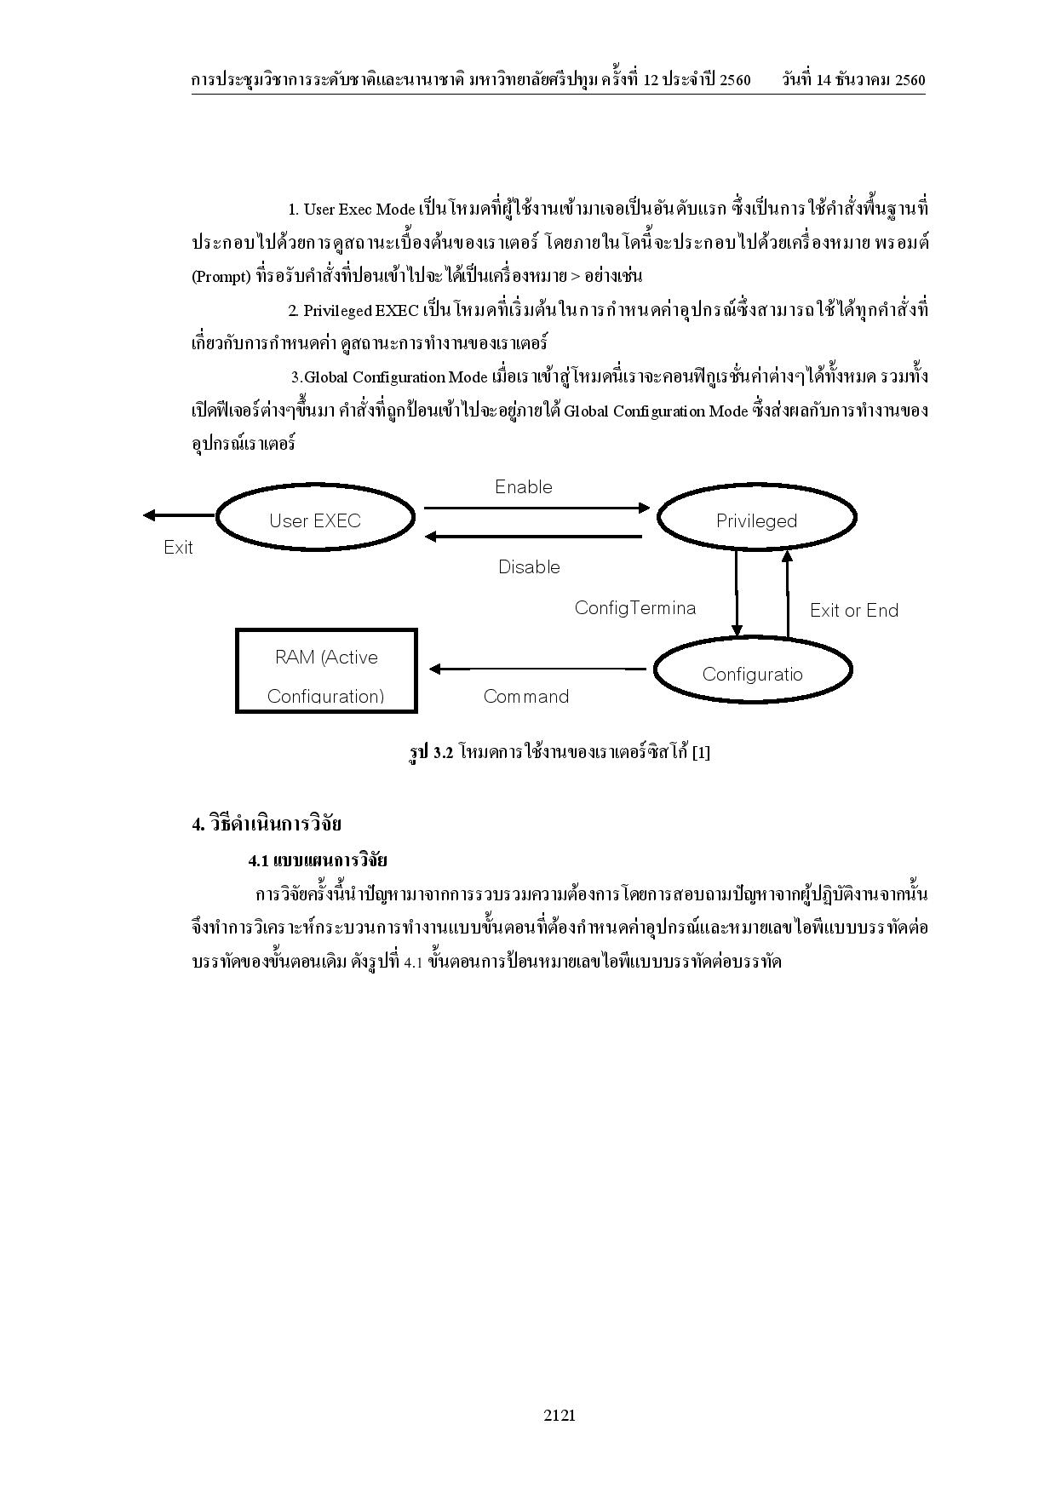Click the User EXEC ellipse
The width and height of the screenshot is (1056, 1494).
[315, 517]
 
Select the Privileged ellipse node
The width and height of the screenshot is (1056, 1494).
[756, 518]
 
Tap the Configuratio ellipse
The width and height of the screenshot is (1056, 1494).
[753, 671]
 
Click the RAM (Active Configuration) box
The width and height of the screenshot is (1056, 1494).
[326, 671]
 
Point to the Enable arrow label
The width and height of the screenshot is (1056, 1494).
[524, 487]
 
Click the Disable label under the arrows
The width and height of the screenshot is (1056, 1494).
[529, 567]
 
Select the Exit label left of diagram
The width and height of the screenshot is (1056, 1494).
[178, 548]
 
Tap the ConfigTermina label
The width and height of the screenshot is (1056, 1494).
[634, 608]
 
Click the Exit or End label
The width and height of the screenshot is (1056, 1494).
[854, 611]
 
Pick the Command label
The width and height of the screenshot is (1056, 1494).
[525, 697]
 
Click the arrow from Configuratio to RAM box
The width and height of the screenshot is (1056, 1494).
[537, 669]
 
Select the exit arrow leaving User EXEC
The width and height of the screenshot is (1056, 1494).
[179, 514]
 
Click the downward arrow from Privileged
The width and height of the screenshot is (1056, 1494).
[737, 593]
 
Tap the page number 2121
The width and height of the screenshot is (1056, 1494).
[560, 1416]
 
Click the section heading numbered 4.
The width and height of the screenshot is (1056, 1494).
[267, 825]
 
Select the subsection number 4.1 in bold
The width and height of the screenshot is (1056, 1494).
[258, 861]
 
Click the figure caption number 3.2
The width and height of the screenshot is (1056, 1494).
[442, 753]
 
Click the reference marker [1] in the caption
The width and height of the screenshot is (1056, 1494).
[701, 753]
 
